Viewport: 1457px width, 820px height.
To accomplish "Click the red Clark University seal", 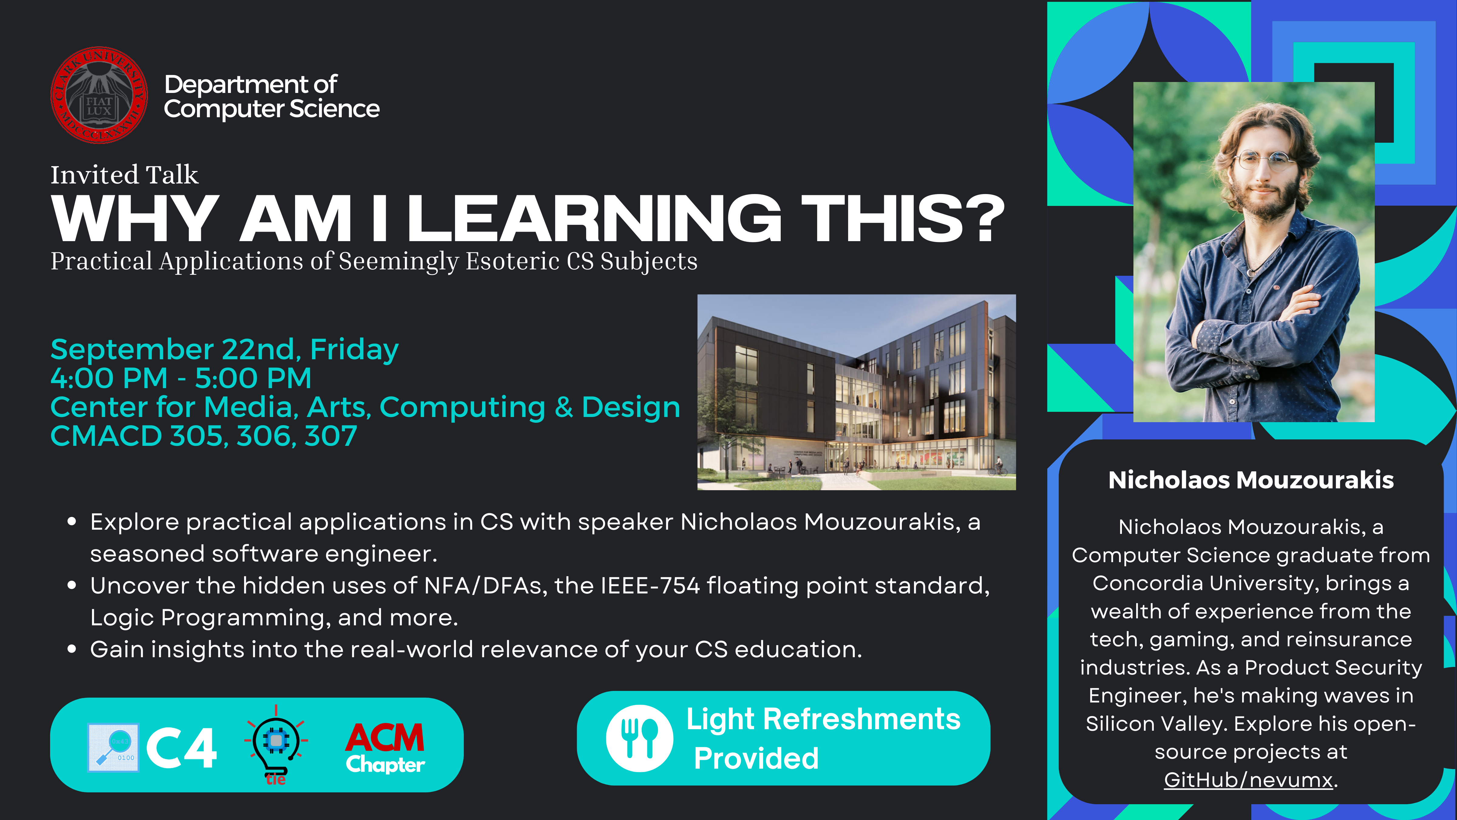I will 99,95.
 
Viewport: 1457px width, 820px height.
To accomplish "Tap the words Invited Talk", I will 124,175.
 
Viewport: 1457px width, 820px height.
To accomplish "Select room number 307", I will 331,436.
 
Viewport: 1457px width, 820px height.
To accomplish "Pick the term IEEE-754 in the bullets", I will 650,586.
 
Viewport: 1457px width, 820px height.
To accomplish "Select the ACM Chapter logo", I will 385,747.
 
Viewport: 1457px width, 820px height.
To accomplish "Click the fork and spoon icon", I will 639,739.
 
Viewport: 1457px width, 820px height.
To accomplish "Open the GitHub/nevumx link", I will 1248,780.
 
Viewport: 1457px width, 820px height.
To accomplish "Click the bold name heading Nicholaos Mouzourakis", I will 1251,480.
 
